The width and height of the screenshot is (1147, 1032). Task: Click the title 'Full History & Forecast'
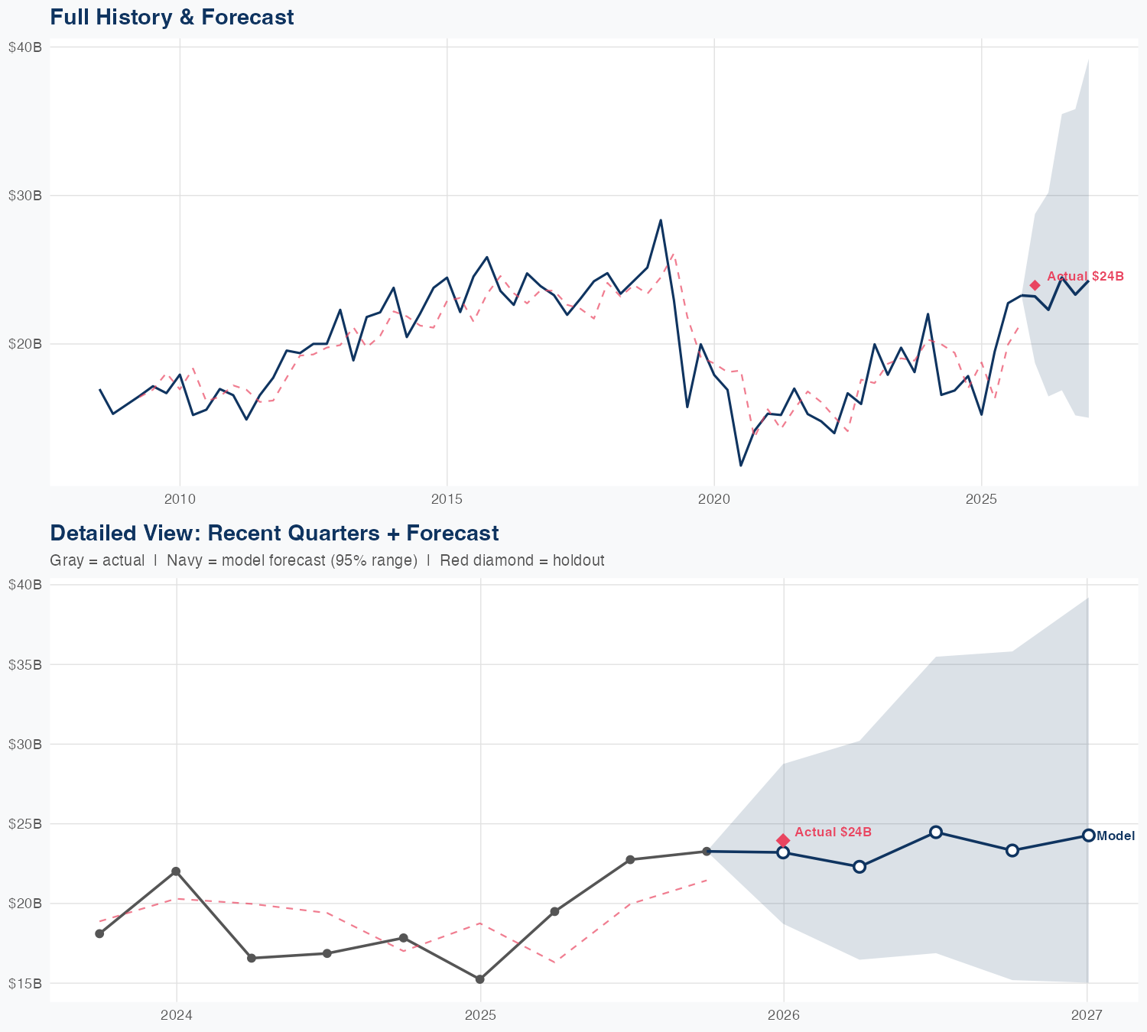point(172,17)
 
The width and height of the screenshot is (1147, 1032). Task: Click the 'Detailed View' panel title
point(274,533)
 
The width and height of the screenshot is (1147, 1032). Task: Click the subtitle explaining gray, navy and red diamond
point(327,560)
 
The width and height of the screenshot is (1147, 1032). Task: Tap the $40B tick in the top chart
point(26,47)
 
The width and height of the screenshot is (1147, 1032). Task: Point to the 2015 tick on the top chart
point(447,500)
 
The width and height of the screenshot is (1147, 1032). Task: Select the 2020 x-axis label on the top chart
point(713,500)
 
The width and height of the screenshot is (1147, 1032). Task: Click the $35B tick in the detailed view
point(26,664)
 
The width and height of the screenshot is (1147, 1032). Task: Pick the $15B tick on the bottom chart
point(26,983)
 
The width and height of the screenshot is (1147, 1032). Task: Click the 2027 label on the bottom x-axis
point(1086,1015)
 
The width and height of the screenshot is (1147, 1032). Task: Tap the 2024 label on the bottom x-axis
point(176,1015)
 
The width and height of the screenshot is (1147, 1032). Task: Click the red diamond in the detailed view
point(783,840)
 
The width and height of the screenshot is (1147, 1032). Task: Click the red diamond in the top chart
point(1035,285)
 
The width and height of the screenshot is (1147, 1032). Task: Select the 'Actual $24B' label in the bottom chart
point(833,832)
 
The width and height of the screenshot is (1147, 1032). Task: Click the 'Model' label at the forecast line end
point(1116,836)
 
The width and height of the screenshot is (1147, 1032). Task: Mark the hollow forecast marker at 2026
point(783,852)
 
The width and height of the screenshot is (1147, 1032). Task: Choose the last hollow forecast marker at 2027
point(1088,836)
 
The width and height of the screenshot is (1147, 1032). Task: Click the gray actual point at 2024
point(176,871)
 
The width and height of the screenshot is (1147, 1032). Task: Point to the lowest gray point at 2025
point(479,979)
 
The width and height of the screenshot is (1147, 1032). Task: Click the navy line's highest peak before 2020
point(661,220)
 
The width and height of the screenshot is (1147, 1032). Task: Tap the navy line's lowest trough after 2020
point(740,465)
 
